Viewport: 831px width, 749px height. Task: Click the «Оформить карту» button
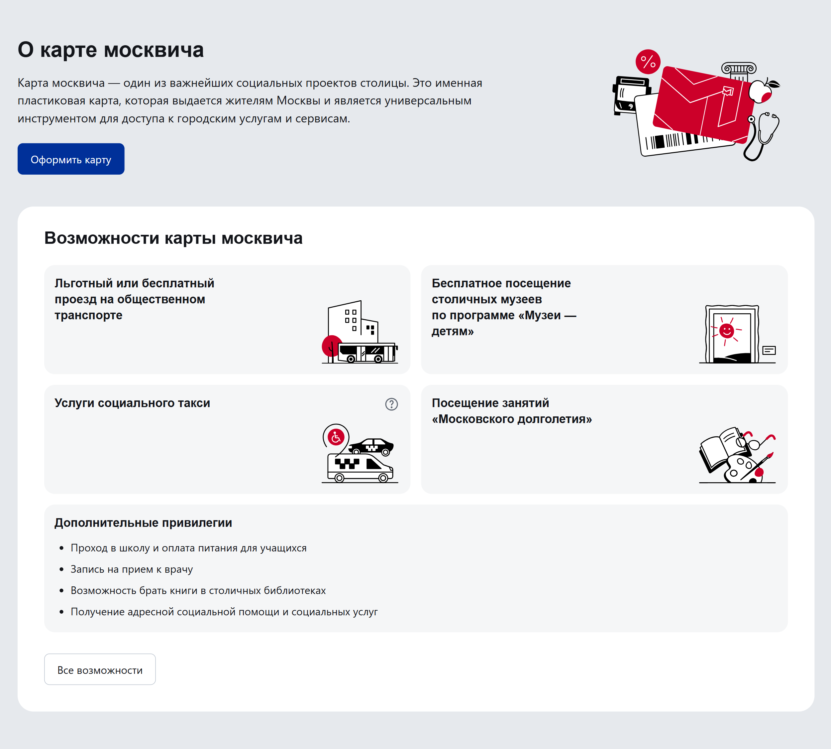(x=71, y=159)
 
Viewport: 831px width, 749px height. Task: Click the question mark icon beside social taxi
(x=391, y=404)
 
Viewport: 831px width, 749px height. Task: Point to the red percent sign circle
(x=648, y=62)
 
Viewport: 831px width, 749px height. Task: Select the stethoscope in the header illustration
(x=763, y=136)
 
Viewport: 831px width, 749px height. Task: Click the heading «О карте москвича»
(x=111, y=50)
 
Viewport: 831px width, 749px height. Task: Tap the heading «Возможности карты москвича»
(x=173, y=238)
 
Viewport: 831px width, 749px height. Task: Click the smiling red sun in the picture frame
(x=726, y=330)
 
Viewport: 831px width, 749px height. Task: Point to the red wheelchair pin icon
(x=336, y=437)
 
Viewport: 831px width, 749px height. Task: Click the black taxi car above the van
(x=371, y=446)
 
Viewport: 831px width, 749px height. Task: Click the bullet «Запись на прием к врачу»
(x=132, y=569)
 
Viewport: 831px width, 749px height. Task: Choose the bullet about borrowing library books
(x=198, y=591)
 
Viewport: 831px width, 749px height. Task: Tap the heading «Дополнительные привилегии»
(x=143, y=523)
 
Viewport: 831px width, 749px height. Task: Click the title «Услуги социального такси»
(x=132, y=403)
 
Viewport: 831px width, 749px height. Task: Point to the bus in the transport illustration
(x=367, y=353)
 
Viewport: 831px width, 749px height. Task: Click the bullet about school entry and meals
(x=188, y=548)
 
